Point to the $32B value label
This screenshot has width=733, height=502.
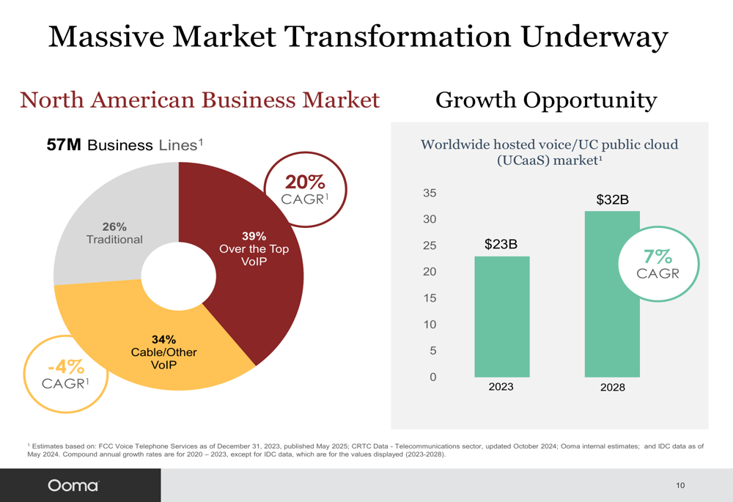pos(612,199)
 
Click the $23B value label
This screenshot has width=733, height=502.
pos(501,244)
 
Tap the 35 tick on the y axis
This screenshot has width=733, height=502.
pos(430,193)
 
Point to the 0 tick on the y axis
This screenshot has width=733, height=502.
pos(432,377)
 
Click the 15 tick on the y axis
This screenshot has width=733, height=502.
pos(430,298)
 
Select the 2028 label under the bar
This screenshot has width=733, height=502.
pos(612,387)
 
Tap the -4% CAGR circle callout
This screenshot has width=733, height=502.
pos(66,374)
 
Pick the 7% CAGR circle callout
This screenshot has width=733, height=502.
pos(657,265)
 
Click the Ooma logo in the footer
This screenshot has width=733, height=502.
pos(73,485)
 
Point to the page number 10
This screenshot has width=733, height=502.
pos(680,485)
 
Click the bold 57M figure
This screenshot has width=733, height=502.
pos(64,145)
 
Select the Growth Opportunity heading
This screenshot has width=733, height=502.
pos(546,100)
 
